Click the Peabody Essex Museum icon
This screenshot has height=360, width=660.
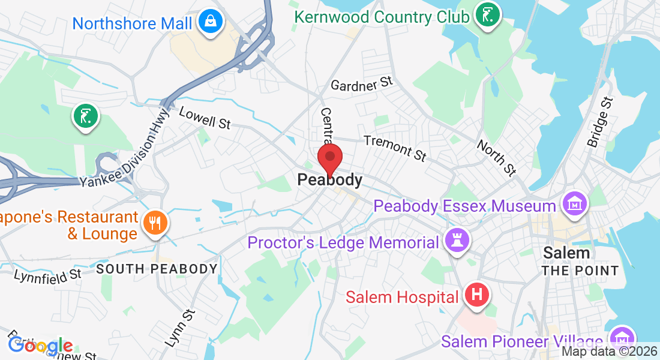click(x=575, y=204)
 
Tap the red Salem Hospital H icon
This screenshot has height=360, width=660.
click(x=477, y=295)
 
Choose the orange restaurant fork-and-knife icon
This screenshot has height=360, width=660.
click(x=155, y=223)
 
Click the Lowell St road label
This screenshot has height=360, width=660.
click(x=205, y=118)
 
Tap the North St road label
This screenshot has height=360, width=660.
click(x=496, y=158)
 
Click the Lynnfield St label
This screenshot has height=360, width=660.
click(x=48, y=275)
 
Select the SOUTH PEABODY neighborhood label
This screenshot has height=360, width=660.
click(x=157, y=269)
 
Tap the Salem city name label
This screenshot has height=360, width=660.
click(x=566, y=253)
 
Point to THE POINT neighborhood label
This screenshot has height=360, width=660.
click(x=580, y=271)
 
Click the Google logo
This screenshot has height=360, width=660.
click(x=40, y=346)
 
